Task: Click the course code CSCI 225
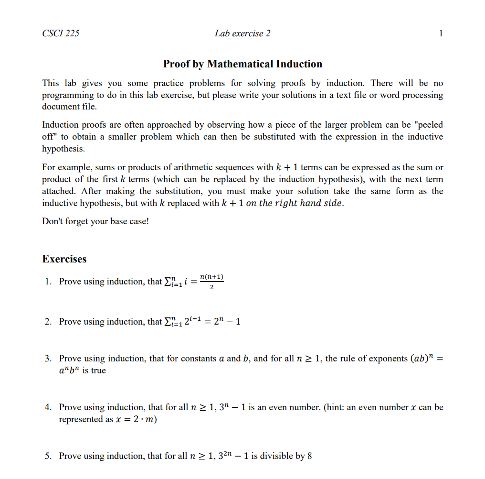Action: coord(61,33)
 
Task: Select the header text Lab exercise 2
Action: coord(242,33)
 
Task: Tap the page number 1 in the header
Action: coord(441,33)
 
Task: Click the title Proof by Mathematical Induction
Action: coord(242,64)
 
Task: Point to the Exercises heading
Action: coord(64,259)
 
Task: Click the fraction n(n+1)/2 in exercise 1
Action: coord(212,282)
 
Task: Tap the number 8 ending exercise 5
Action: coord(309,456)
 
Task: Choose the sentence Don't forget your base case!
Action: coord(95,222)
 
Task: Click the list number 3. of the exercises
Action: coord(48,359)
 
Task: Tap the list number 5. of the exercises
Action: coord(48,456)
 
